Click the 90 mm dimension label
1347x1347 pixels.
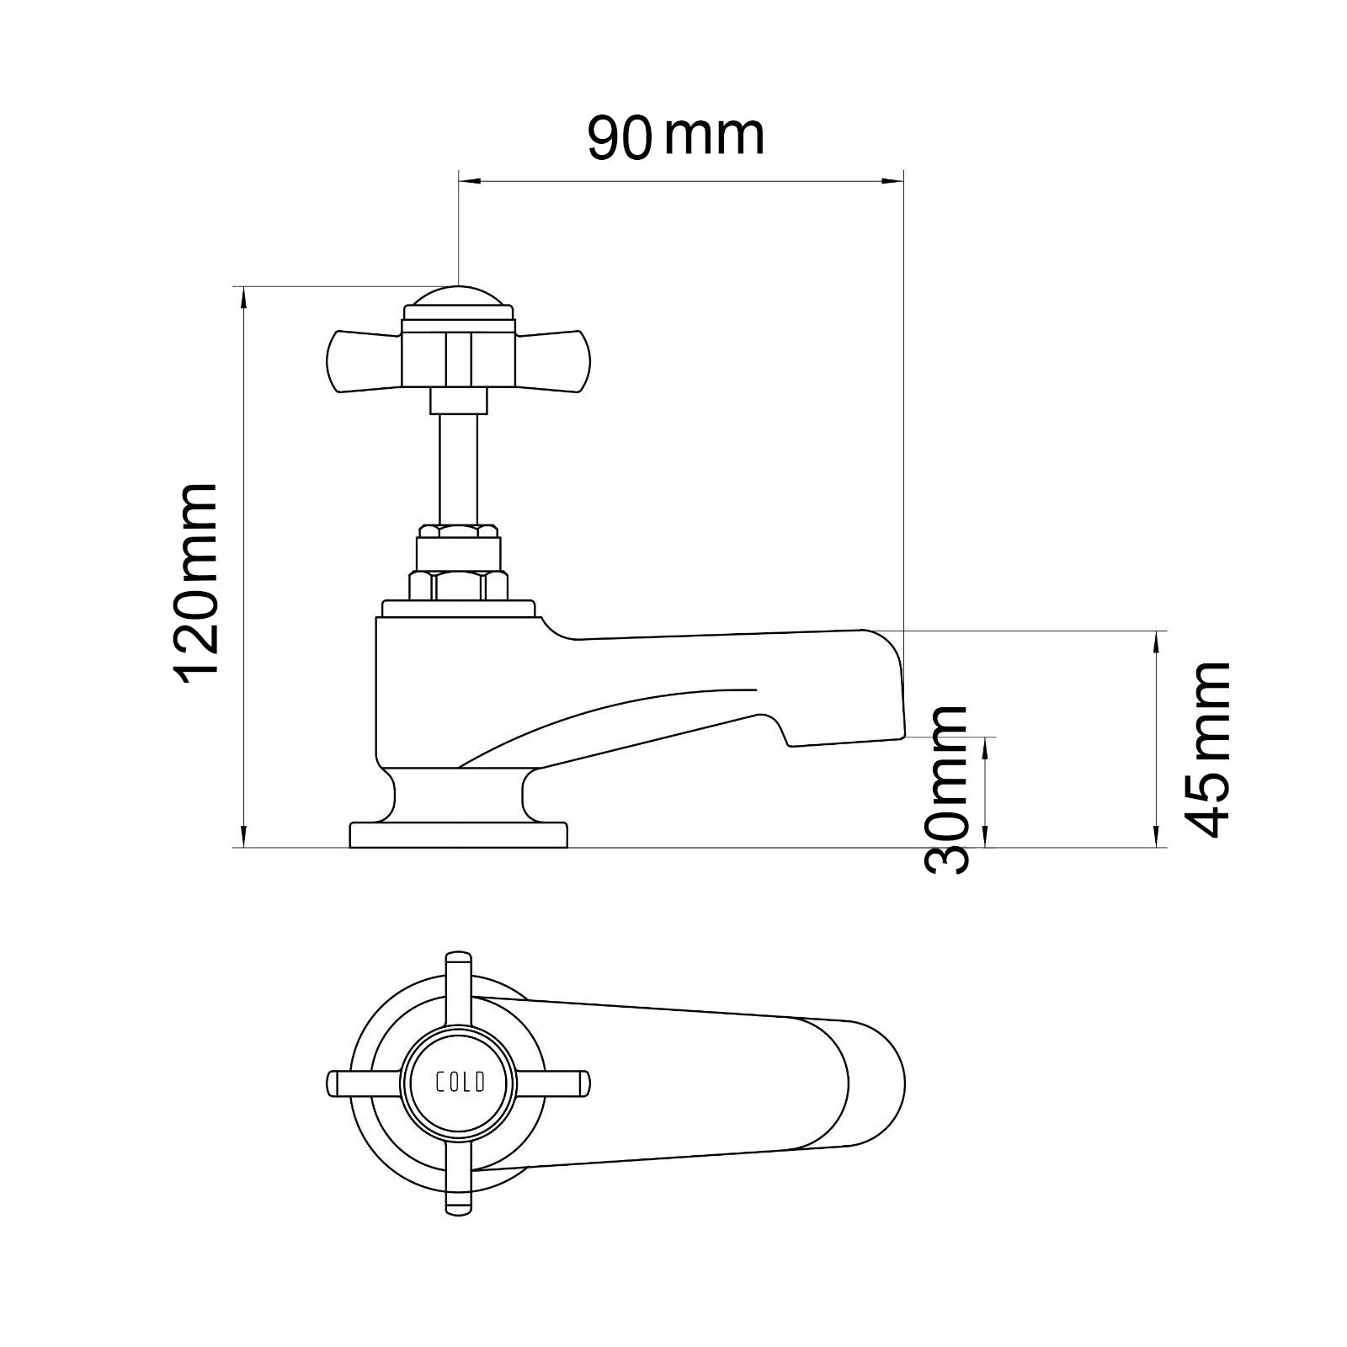(676, 136)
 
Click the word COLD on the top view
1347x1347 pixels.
(459, 1083)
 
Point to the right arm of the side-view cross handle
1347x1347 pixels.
(554, 361)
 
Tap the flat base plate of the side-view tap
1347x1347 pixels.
(458, 835)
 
